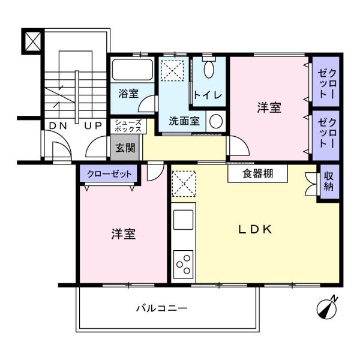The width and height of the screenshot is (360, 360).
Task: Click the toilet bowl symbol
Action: (209, 69)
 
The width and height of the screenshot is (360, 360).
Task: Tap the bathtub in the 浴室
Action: (132, 70)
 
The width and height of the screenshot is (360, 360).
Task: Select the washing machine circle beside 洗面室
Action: (216, 122)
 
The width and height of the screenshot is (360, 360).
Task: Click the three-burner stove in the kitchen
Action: (183, 265)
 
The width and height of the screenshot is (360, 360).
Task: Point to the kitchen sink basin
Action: (183, 220)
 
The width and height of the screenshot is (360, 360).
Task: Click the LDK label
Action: (256, 229)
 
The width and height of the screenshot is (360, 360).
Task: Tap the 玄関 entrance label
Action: (125, 148)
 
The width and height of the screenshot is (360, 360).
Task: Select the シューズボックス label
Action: (128, 126)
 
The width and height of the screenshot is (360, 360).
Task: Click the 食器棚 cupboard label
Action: (258, 174)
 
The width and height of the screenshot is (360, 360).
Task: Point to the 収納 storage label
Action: (329, 181)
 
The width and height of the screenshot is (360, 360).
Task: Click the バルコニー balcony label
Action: (162, 308)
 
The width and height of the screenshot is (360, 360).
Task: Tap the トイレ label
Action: (208, 95)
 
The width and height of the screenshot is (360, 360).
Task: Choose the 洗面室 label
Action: (184, 121)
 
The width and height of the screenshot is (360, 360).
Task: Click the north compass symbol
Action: (326, 309)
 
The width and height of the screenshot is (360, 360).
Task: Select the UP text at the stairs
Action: (93, 126)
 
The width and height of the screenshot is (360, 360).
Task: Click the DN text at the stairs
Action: (58, 126)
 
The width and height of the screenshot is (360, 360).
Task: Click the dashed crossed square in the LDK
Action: (184, 184)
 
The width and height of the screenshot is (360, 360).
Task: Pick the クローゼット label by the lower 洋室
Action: (109, 174)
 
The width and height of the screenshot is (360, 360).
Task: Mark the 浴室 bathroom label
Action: (128, 94)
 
